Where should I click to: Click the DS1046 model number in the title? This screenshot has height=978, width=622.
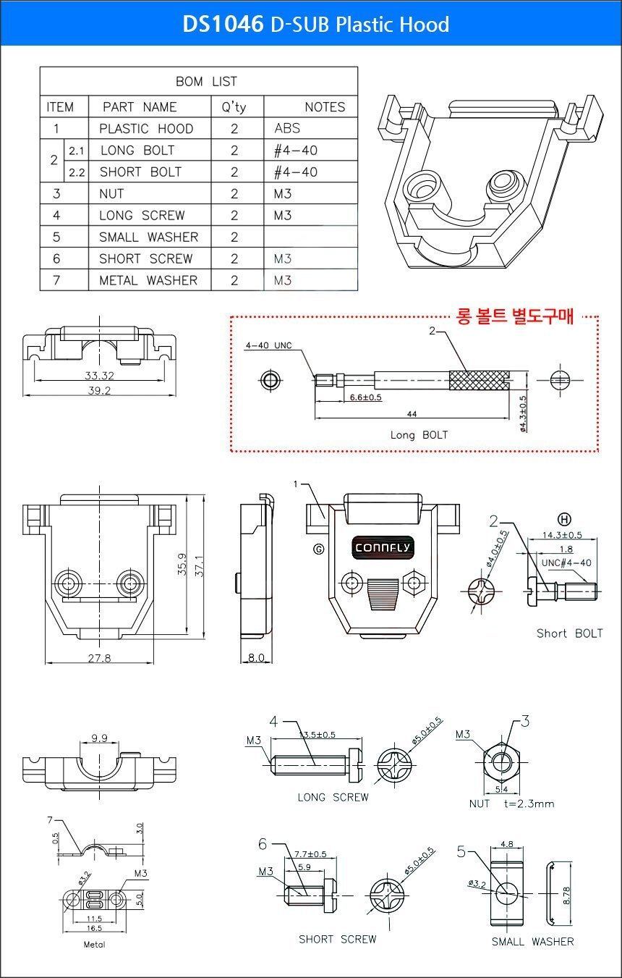(223, 24)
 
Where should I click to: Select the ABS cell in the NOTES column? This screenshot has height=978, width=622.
(287, 128)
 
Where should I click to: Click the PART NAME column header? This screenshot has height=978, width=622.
(140, 106)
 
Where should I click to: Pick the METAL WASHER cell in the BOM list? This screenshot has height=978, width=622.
(148, 280)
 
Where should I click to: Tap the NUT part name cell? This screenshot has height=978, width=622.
(111, 193)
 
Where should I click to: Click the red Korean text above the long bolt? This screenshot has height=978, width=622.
(515, 316)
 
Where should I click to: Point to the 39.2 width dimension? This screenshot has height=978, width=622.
(99, 390)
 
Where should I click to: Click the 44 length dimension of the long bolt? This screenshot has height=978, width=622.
(412, 413)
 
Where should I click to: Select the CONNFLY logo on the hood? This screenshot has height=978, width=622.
(383, 547)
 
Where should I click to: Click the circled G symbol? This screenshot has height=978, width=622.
(319, 549)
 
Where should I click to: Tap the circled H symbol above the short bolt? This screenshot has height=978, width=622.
(564, 519)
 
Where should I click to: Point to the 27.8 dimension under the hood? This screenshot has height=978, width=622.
(99, 657)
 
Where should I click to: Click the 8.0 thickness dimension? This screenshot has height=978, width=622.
(256, 657)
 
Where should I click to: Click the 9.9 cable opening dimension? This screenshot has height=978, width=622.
(99, 738)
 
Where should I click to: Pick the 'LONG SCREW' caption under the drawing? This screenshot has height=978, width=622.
(333, 797)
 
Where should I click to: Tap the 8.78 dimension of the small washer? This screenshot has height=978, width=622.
(566, 895)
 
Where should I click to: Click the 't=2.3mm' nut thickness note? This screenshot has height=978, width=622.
(529, 804)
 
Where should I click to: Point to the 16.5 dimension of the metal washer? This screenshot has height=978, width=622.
(94, 928)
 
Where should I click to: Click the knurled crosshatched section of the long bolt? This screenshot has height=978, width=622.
(480, 380)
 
